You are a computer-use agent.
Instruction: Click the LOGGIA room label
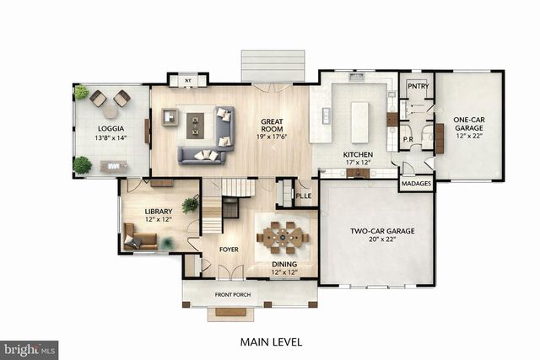tap(111, 128)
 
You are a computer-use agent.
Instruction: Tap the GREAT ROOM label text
tap(276, 121)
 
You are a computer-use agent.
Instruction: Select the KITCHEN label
tap(358, 154)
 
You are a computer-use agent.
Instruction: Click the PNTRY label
tap(417, 86)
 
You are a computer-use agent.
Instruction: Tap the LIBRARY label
tap(158, 211)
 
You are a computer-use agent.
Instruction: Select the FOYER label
tap(229, 250)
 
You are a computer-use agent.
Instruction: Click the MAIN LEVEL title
tap(271, 342)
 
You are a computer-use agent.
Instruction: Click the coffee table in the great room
tap(196, 125)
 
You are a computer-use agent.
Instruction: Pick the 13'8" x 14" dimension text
tap(111, 137)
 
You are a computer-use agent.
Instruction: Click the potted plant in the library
tap(191, 204)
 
